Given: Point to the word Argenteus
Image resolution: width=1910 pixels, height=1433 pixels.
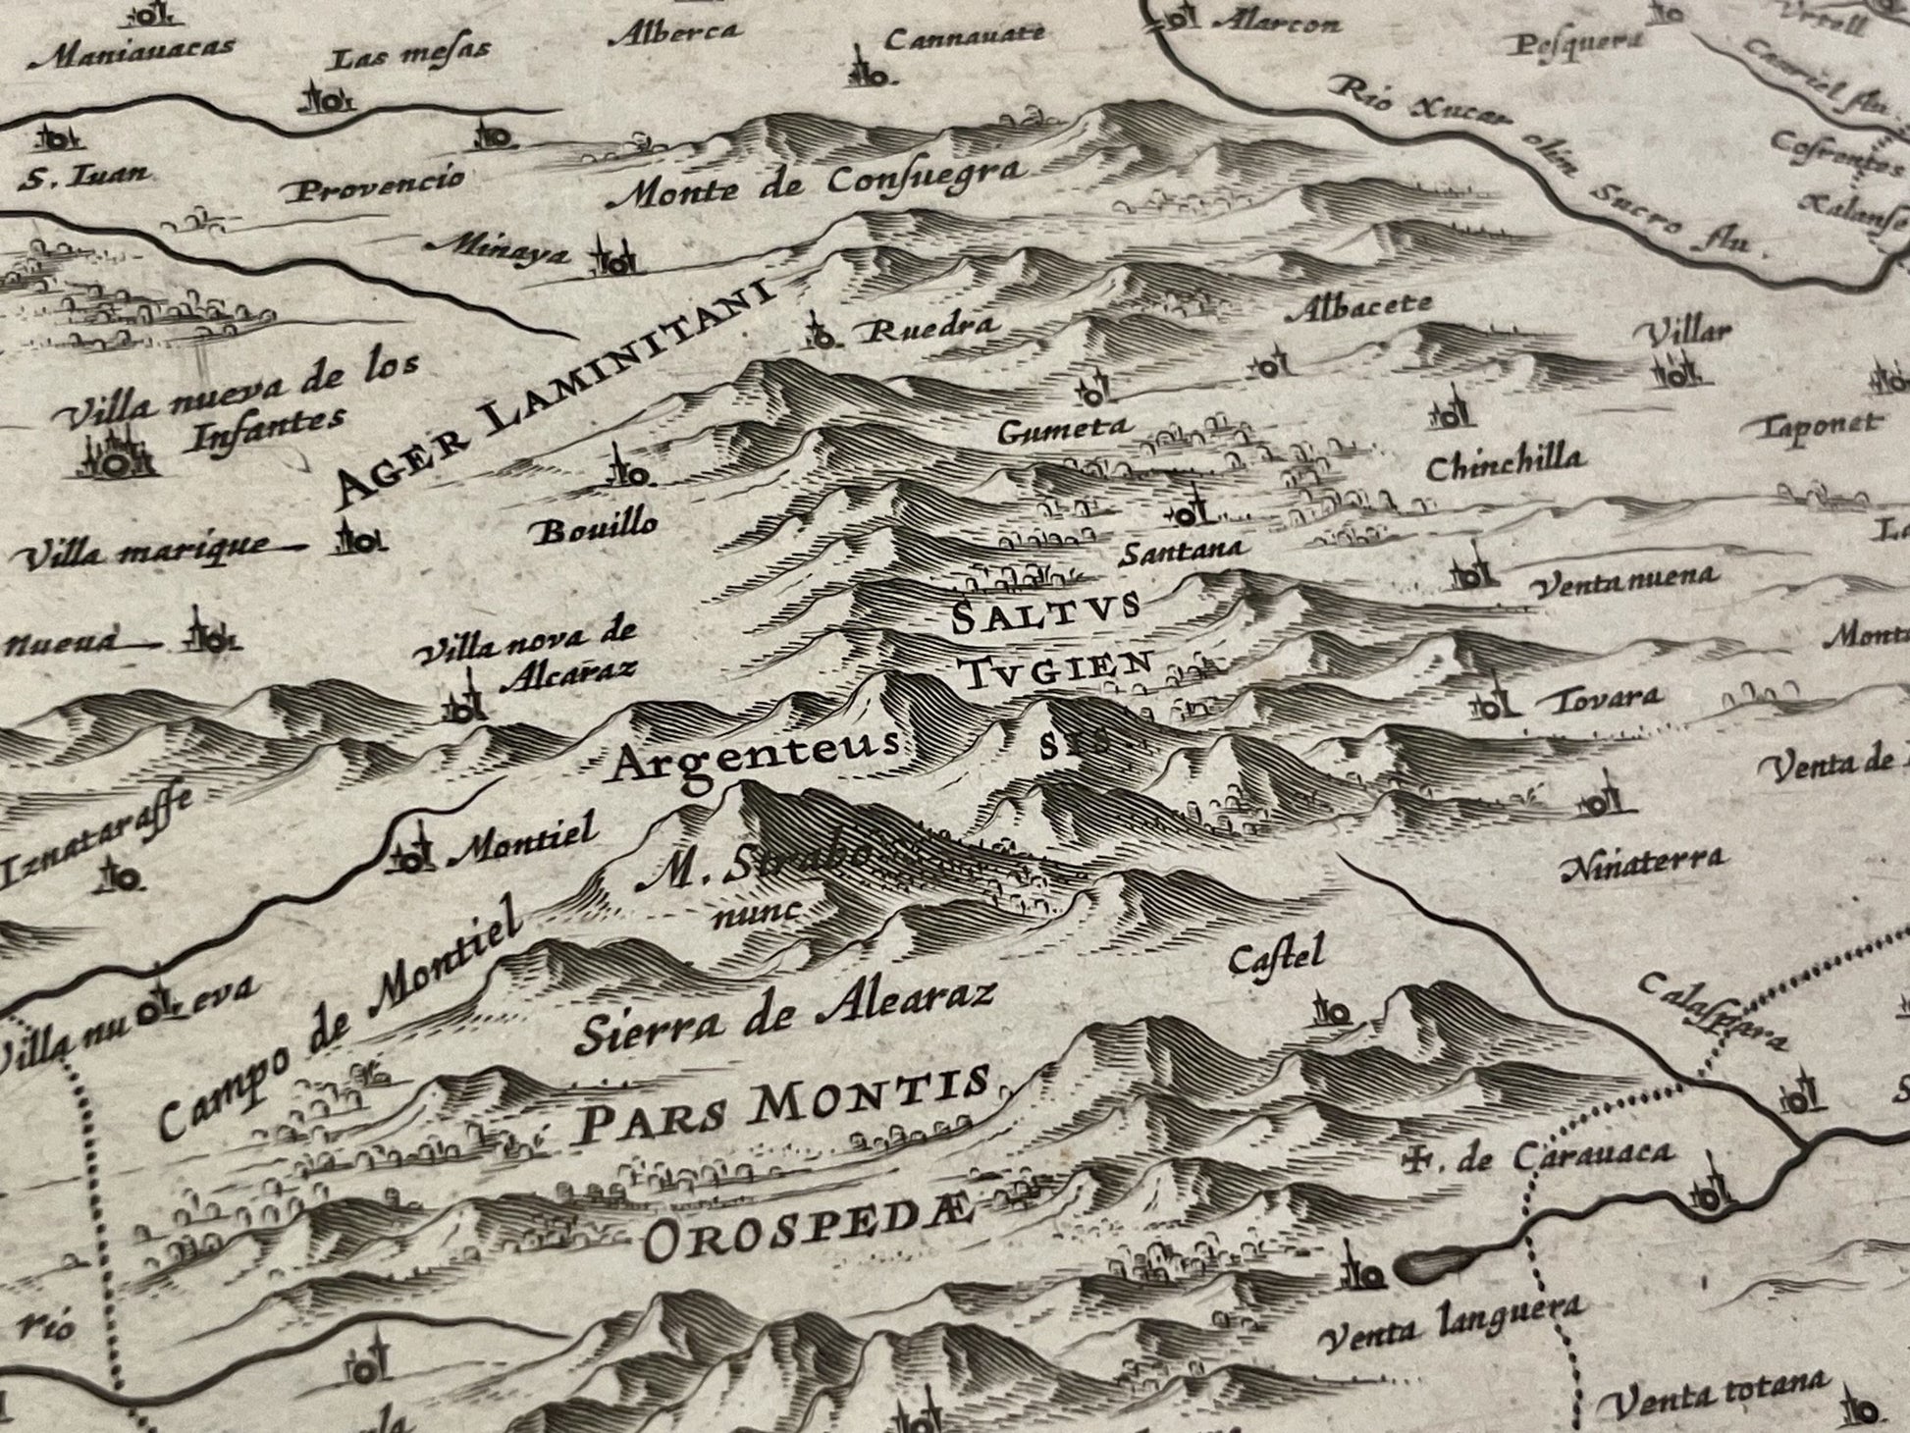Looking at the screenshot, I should [x=754, y=757].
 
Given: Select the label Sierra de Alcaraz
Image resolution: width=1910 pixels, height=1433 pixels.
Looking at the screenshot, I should [x=786, y=1016].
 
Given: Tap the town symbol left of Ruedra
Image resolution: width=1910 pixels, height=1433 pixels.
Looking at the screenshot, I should [x=818, y=333].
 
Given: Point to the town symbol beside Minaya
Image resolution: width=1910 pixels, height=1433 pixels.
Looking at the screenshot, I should [x=612, y=258].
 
